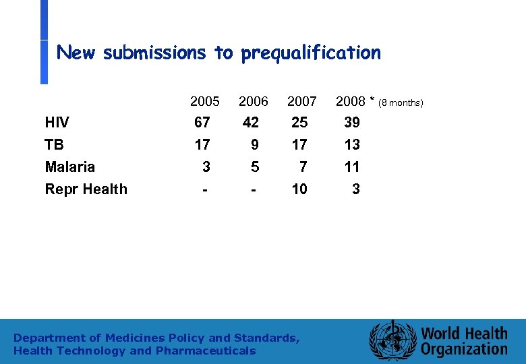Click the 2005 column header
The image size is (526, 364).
204,102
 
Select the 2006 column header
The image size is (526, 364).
254,102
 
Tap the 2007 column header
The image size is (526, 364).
301,102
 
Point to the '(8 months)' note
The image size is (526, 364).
401,103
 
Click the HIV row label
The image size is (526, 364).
57,123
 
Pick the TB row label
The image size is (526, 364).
54,145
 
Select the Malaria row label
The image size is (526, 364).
69,167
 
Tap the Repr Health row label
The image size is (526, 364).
86,189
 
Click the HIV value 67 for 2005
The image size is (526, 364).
202,123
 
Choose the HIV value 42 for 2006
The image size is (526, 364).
251,123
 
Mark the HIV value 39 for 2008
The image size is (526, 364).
352,123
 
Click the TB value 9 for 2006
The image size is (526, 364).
254,145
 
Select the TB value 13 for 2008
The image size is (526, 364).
352,145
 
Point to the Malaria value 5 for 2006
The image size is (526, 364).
254,167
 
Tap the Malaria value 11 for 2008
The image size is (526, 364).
352,167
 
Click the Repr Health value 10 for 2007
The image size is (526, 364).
299,189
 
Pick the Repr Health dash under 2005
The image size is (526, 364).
204,189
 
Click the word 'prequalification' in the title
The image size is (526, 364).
310,53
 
